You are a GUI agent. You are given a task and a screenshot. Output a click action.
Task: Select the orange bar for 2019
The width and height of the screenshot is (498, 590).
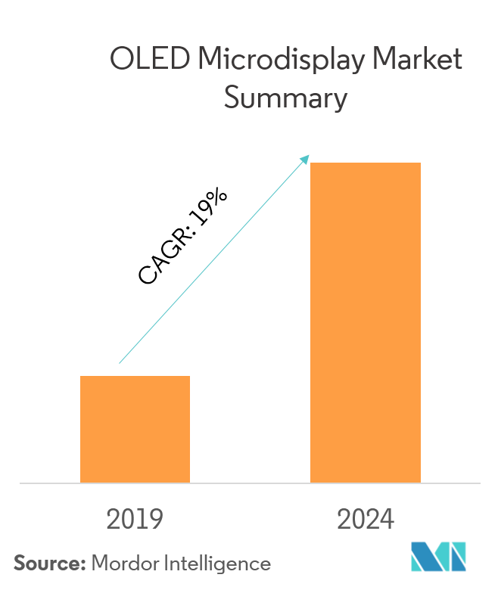[135, 429]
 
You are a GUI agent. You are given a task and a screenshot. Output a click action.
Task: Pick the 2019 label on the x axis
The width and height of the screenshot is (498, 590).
[135, 520]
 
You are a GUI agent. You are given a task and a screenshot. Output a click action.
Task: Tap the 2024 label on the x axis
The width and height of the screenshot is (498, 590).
[366, 520]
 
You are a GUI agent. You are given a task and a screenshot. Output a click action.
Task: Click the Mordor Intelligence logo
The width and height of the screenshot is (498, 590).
[439, 558]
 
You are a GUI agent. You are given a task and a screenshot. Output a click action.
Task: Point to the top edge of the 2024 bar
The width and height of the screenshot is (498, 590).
[366, 163]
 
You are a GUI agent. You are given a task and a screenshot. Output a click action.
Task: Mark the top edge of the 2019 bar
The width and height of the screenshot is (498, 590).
[135, 376]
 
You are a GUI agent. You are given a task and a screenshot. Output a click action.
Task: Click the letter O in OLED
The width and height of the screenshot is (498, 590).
[121, 61]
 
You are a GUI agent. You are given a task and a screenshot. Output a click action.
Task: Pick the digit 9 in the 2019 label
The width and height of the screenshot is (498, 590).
[156, 520]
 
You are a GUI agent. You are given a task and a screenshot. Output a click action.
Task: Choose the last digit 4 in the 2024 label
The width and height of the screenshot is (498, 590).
[388, 520]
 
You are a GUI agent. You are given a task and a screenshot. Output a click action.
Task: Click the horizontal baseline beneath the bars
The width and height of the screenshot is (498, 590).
[250, 483]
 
